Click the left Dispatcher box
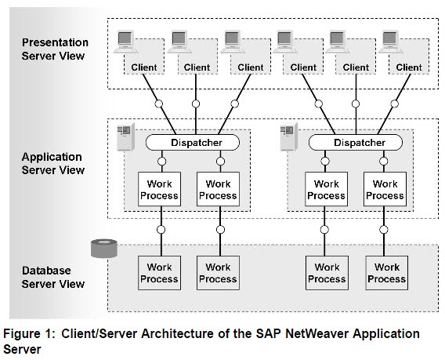point(186,143)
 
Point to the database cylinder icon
point(102,248)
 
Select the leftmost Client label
point(143,67)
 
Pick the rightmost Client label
point(408,67)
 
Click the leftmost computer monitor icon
point(125,42)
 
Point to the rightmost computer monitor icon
point(389,42)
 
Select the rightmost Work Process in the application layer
point(385,189)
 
